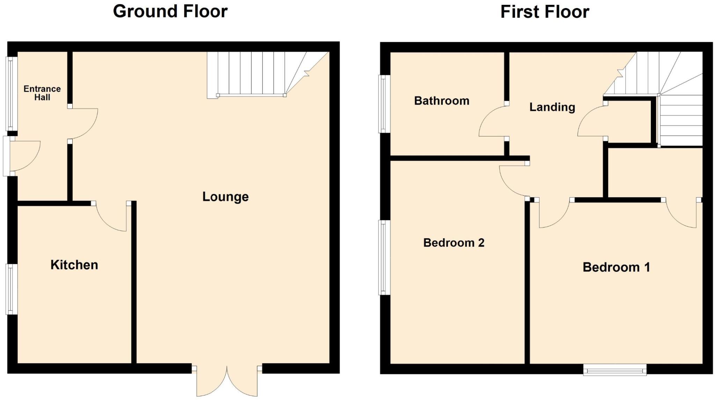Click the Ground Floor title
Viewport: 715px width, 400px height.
(170, 12)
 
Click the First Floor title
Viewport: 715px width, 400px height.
(545, 12)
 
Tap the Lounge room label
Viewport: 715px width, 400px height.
(226, 197)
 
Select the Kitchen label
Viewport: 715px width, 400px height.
(74, 265)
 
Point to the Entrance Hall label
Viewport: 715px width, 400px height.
(42, 93)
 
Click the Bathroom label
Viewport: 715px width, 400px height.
(442, 101)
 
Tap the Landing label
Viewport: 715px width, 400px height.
(552, 107)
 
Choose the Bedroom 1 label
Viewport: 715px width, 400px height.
(616, 267)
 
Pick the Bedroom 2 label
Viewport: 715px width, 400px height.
(454, 243)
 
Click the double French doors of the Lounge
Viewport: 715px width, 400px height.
(227, 382)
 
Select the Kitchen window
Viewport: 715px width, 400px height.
(11, 289)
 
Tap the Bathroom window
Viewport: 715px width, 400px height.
(384, 104)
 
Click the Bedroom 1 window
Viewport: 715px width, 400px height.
(614, 370)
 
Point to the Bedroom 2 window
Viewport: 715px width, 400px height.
(384, 257)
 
